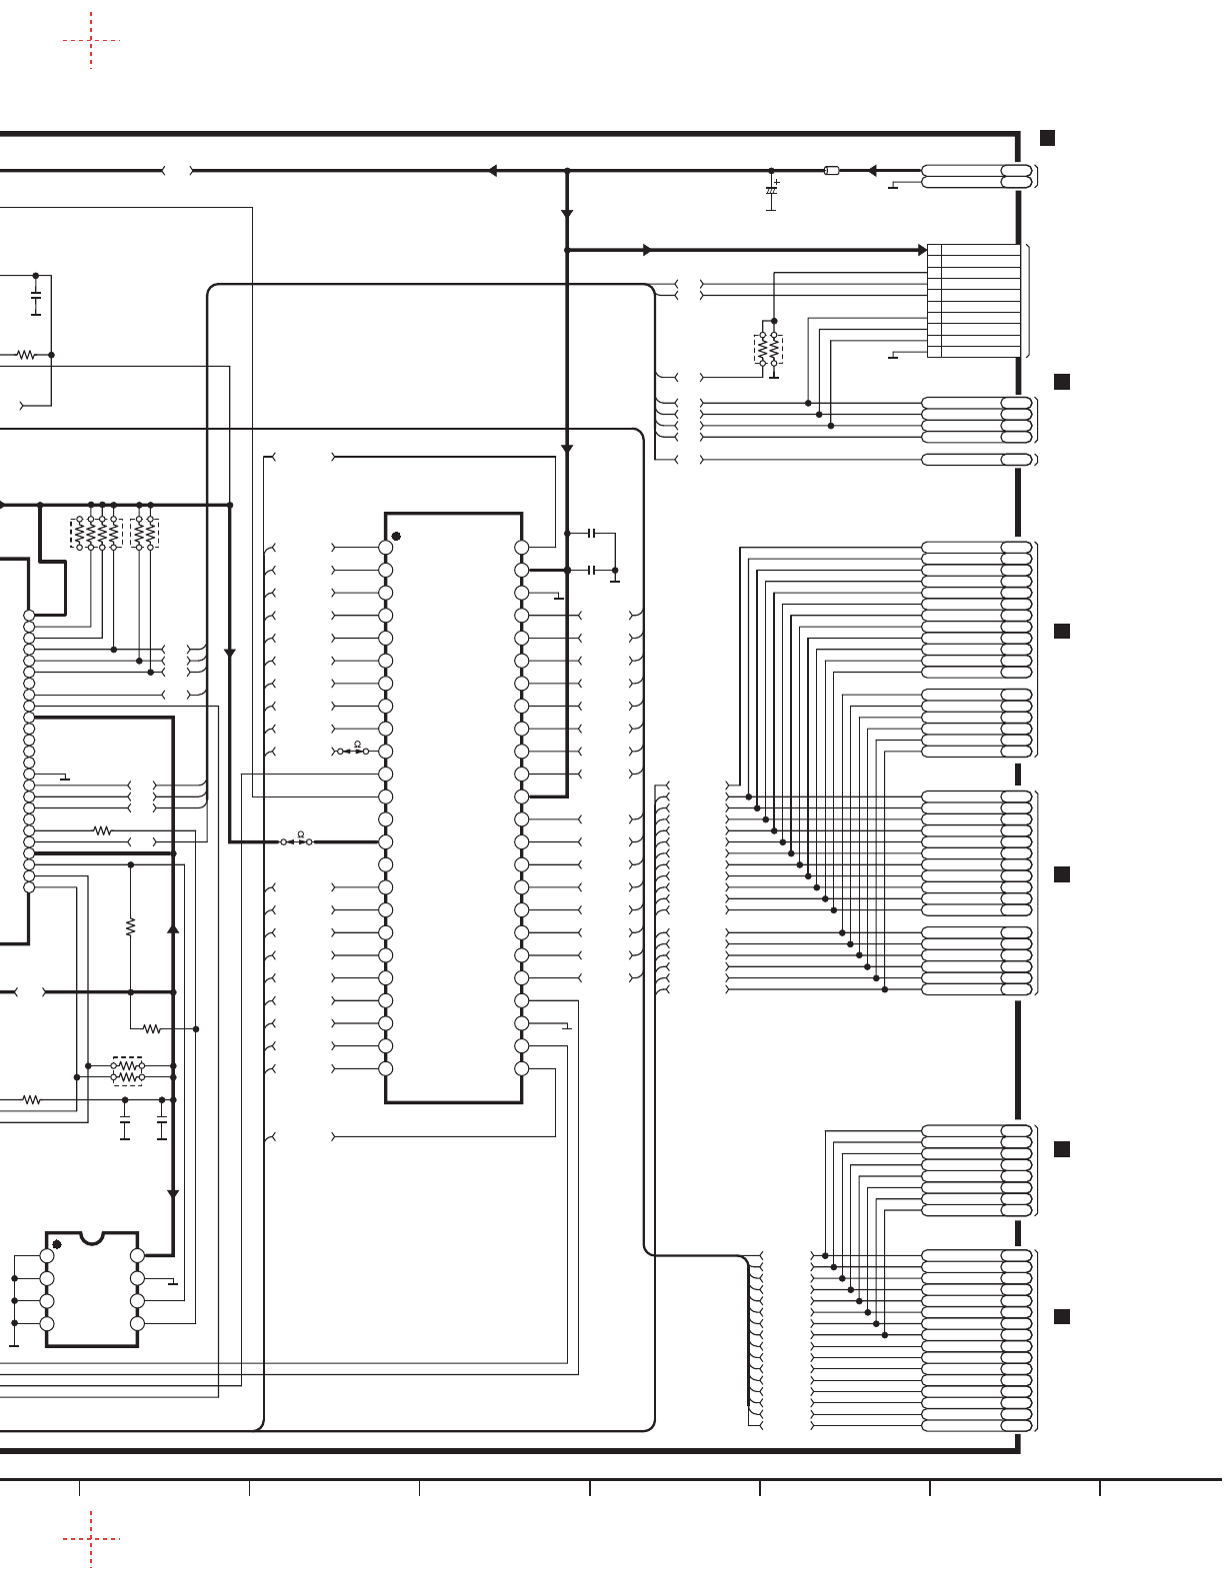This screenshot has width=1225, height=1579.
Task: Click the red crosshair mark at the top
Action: (x=91, y=41)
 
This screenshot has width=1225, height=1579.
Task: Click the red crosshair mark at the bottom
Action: (x=91, y=1539)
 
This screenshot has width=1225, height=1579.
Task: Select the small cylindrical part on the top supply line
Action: (x=831, y=171)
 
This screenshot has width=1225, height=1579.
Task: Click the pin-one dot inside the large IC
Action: (x=396, y=537)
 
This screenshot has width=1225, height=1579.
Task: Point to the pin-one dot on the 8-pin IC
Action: (x=57, y=1244)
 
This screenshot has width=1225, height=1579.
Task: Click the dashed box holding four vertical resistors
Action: (x=96, y=533)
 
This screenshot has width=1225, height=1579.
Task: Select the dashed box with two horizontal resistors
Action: (x=127, y=1071)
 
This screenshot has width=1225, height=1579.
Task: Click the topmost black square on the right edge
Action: (x=1047, y=138)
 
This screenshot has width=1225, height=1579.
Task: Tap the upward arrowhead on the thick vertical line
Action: (x=173, y=928)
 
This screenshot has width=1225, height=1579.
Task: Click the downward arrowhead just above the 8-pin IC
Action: (x=173, y=1193)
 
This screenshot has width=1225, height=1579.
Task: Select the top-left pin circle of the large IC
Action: (x=385, y=548)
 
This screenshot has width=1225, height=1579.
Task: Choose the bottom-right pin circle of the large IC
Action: (x=521, y=1068)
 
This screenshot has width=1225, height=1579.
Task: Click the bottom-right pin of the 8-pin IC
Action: (x=137, y=1323)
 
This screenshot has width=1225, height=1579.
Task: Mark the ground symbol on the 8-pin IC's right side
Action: (x=174, y=1283)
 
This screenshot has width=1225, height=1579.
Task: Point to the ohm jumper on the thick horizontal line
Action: (x=296, y=841)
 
